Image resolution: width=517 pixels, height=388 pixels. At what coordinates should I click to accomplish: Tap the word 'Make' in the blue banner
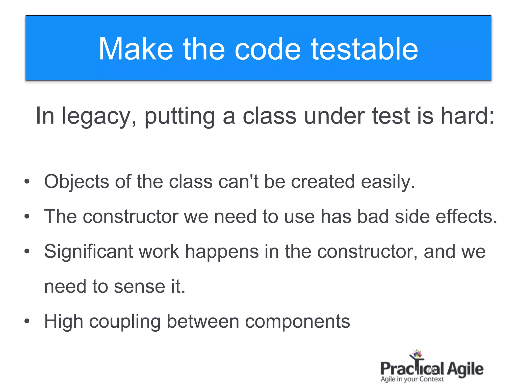pyautogui.click(x=136, y=49)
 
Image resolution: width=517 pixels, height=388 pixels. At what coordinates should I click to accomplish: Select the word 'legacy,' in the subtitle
pyautogui.click(x=99, y=116)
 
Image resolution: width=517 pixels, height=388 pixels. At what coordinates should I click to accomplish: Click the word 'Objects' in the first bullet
pyautogui.click(x=76, y=182)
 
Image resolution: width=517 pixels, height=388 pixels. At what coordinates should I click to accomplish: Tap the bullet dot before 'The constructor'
pyautogui.click(x=27, y=216)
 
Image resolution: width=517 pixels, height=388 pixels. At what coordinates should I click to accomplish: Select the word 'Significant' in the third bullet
pyautogui.click(x=89, y=252)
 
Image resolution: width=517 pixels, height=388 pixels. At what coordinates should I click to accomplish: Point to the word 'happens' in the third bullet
pyautogui.click(x=222, y=252)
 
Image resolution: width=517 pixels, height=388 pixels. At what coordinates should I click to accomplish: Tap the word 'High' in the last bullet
pyautogui.click(x=64, y=322)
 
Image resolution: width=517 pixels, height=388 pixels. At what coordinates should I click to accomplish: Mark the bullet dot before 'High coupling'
pyautogui.click(x=27, y=321)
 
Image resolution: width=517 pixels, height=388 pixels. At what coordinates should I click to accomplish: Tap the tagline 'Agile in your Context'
pyautogui.click(x=412, y=379)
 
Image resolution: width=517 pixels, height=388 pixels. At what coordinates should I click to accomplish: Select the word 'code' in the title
pyautogui.click(x=268, y=49)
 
